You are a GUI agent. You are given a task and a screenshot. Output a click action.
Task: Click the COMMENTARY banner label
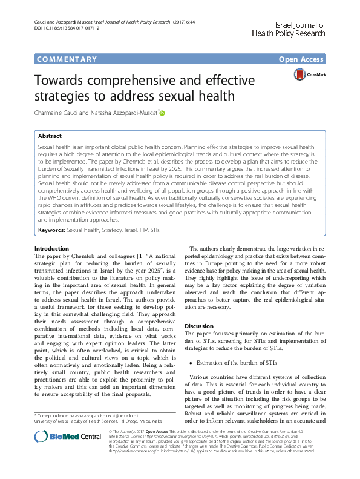67,59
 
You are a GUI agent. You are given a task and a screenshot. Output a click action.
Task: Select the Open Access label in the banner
302,59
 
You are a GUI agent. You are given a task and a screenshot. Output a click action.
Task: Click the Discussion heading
200,325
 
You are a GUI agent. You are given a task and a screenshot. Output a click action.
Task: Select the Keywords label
51,230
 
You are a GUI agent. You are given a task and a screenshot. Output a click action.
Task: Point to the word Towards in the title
67,80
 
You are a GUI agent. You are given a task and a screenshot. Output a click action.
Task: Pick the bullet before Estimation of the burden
192,362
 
